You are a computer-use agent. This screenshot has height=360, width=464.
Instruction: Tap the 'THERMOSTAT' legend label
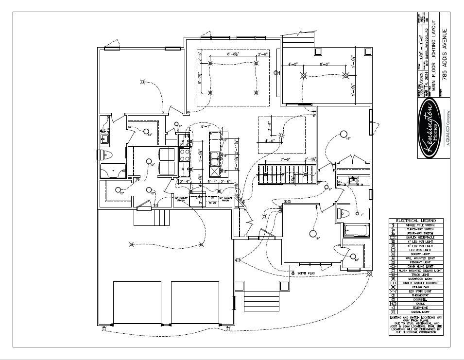pos(420,295)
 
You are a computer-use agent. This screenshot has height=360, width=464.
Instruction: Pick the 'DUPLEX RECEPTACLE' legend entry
pos(420,237)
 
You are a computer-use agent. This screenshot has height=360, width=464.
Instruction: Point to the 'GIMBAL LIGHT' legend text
pos(420,311)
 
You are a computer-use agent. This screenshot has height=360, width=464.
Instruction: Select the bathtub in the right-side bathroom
pos(357,230)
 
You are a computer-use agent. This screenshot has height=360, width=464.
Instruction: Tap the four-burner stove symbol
pos(185,155)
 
